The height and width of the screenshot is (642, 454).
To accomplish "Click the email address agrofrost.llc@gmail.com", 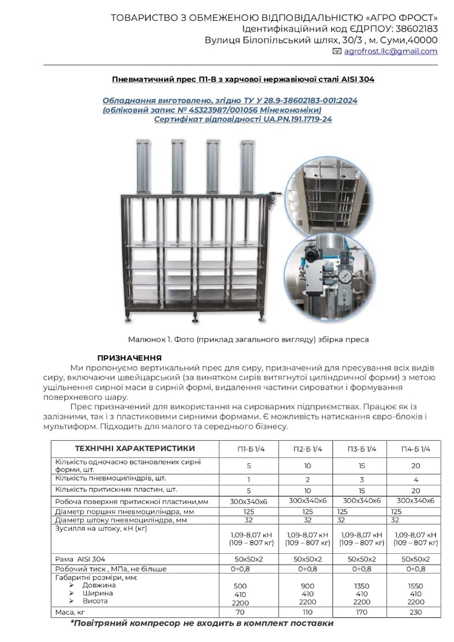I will pyautogui.click(x=390, y=52).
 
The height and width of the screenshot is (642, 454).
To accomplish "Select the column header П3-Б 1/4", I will pyautogui.click(x=362, y=449).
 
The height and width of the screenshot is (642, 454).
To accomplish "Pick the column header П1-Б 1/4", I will pyautogui.click(x=252, y=449).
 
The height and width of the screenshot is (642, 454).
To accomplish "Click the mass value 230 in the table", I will pyautogui.click(x=416, y=612).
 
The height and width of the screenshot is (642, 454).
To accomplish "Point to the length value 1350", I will pyautogui.click(x=362, y=586).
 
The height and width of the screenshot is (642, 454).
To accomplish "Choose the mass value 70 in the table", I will pyautogui.click(x=240, y=612).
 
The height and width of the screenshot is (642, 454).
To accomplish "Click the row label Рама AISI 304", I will pyautogui.click(x=80, y=559).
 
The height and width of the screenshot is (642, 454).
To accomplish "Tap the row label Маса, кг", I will pyautogui.click(x=70, y=612).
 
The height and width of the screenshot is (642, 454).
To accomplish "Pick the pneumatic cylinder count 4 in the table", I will pyautogui.click(x=416, y=479).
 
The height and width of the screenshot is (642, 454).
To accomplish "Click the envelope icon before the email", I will pyautogui.click(x=337, y=52).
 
